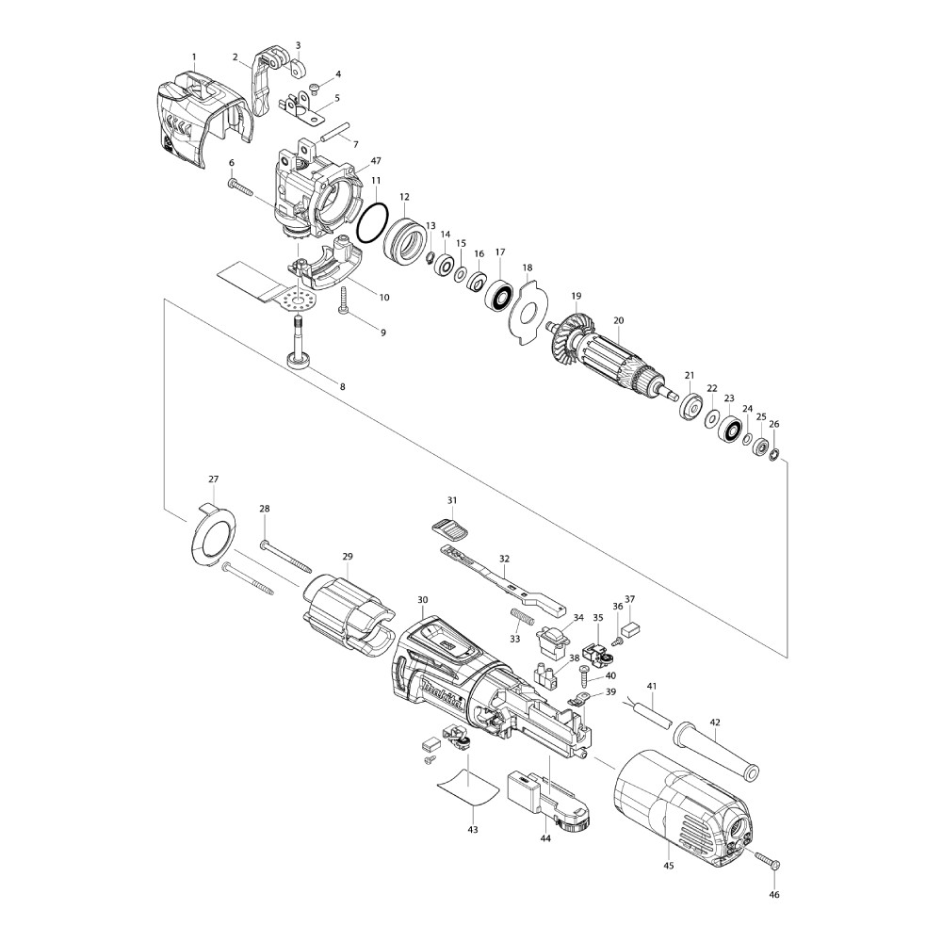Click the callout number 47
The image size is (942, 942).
tap(376, 161)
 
